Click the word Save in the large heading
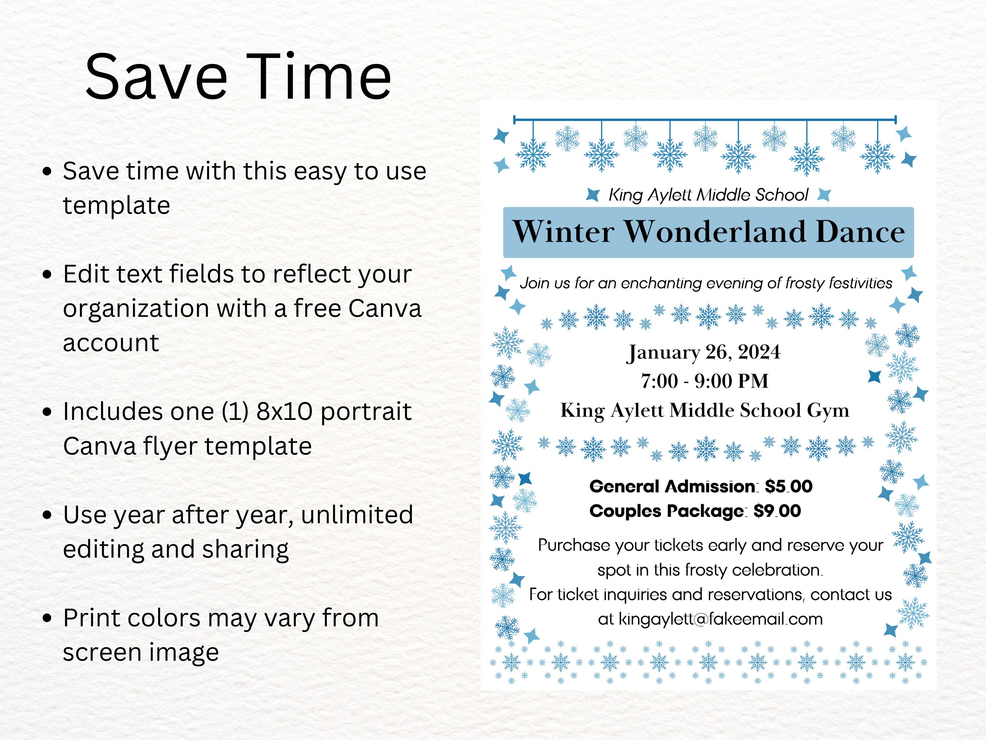pyautogui.click(x=156, y=77)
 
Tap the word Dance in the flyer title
pyautogui.click(x=860, y=232)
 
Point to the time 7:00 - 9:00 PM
pyautogui.click(x=704, y=381)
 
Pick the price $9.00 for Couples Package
pyautogui.click(x=777, y=511)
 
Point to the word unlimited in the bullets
pyautogui.click(x=356, y=515)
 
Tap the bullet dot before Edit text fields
pyautogui.click(x=47, y=274)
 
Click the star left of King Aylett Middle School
pyautogui.click(x=592, y=194)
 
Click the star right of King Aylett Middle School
pyautogui.click(x=824, y=194)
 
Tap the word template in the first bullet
pyautogui.click(x=116, y=206)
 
